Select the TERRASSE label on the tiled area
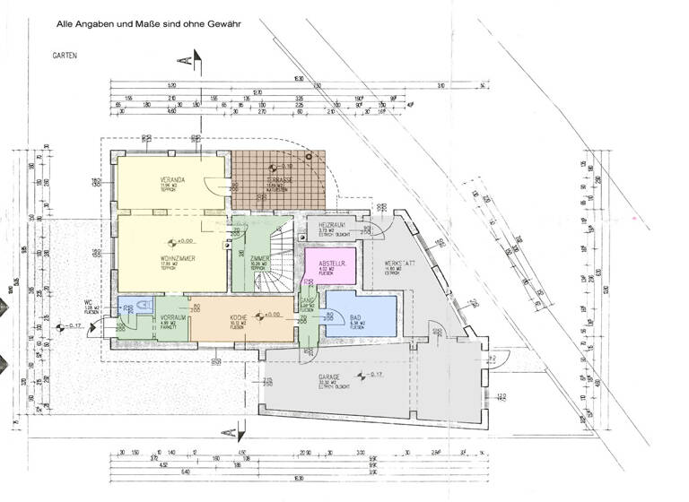[x=275, y=180]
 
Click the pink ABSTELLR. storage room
[x=331, y=264]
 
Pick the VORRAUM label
[x=172, y=318]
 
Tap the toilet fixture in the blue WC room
[x=128, y=308]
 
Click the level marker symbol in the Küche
[x=258, y=316]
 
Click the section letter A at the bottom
[x=230, y=432]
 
